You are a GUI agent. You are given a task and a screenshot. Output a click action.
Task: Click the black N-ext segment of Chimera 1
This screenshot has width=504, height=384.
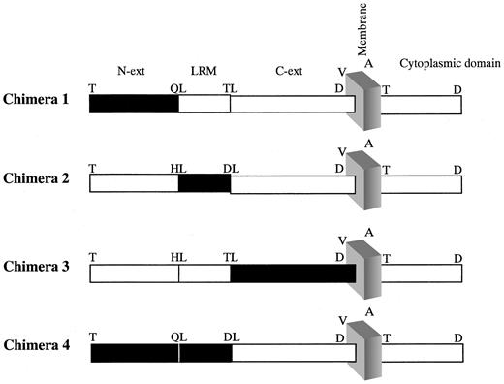tap(134, 103)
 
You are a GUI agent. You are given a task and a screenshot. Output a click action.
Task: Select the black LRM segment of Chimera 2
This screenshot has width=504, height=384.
tap(204, 184)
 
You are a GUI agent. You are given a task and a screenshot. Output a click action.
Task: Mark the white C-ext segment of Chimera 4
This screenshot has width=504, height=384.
tap(293, 353)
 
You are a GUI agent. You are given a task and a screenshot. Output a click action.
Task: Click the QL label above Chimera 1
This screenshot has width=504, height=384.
tap(176, 85)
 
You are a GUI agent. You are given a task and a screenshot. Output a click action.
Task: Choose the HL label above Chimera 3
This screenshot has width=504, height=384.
tap(176, 256)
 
